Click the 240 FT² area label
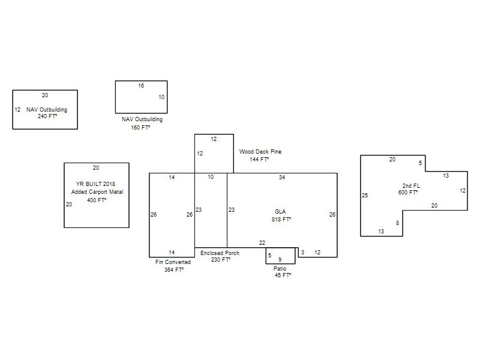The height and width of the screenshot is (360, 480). (47, 116)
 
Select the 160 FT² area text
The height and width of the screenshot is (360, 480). (140, 127)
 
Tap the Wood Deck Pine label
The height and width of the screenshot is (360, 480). (260, 152)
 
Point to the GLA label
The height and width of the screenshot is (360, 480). (280, 212)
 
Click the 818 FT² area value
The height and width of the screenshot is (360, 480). (281, 219)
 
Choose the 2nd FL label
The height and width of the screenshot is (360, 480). (411, 186)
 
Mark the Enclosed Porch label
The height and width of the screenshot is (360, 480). (220, 253)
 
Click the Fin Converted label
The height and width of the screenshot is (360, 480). (173, 262)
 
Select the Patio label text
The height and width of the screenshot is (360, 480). (280, 268)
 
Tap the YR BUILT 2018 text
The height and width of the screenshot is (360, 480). (95, 184)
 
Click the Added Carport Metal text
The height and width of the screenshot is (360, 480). (97, 192)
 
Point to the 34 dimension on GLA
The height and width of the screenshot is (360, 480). (282, 178)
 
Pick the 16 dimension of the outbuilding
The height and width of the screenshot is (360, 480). (141, 86)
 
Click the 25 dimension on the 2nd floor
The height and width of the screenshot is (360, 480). (365, 196)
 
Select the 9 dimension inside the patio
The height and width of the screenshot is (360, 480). (280, 260)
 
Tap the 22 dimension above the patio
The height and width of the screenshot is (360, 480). (262, 243)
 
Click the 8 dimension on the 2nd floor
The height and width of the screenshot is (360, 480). (397, 223)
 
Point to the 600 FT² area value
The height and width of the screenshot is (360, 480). (408, 192)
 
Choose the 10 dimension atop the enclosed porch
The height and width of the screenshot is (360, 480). (211, 177)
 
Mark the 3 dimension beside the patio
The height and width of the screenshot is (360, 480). (302, 253)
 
